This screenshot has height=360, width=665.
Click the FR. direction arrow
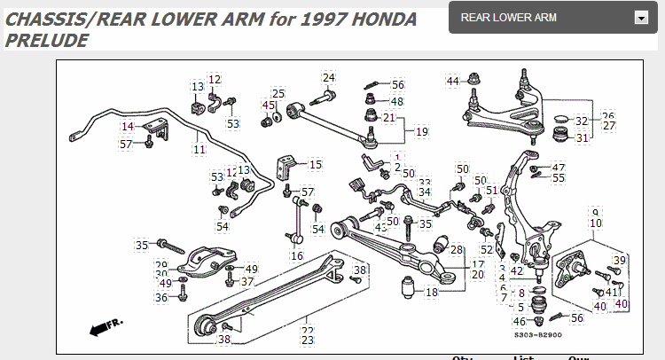(106, 327)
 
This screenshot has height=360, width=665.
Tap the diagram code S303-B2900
(537, 334)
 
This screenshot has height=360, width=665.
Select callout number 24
(329, 77)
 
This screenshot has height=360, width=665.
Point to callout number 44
(453, 81)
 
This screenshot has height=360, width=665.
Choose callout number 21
(389, 117)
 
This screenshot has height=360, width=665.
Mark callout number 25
(278, 94)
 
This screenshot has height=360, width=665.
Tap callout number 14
(128, 127)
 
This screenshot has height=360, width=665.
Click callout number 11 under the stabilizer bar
(199, 149)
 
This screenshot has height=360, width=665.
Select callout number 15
(316, 164)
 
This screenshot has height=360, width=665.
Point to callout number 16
(297, 255)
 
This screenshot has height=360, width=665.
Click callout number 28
(458, 249)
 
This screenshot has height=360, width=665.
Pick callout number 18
(432, 292)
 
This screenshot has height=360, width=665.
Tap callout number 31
(582, 137)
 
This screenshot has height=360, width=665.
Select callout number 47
(558, 167)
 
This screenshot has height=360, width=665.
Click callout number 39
(620, 260)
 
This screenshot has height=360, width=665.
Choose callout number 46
(520, 321)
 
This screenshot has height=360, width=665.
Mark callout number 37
(247, 281)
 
